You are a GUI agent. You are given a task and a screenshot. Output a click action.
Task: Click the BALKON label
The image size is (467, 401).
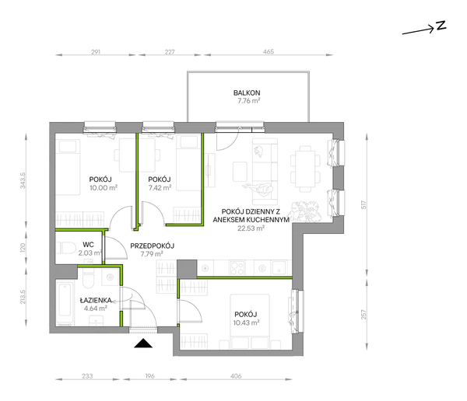click(x=247, y=92)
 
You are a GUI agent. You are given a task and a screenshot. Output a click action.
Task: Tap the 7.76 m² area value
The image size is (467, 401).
click(x=249, y=101)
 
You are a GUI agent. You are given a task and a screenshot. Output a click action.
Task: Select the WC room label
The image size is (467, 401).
click(x=88, y=245)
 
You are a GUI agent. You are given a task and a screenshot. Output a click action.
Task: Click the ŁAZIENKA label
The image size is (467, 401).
click(x=96, y=301)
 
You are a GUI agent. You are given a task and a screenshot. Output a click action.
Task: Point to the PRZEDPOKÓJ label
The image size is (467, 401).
click(x=153, y=246)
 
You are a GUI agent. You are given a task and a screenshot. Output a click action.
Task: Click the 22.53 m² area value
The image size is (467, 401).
click(x=251, y=228)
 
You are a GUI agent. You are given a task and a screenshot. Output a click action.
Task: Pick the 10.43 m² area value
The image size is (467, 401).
click(x=247, y=323)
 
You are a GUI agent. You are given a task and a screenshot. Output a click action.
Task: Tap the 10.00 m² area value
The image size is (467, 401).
click(x=103, y=188)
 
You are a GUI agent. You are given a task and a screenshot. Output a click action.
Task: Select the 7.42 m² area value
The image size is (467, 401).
click(x=160, y=188)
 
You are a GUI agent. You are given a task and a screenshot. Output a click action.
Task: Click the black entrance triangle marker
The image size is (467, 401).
click(x=143, y=343)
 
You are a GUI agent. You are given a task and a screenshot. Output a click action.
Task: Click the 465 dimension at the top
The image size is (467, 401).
click(x=269, y=52)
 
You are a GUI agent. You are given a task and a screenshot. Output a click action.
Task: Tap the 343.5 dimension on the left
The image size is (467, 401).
click(x=23, y=180)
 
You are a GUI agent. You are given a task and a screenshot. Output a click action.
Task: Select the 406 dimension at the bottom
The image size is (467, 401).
click(x=236, y=376)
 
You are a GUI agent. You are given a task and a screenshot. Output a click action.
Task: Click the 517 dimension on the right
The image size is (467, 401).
click(x=363, y=204)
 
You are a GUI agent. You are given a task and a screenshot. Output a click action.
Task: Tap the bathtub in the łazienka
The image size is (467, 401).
click(x=65, y=302)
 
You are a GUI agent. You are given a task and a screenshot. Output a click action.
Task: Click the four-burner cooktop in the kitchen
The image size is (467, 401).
click(x=237, y=267)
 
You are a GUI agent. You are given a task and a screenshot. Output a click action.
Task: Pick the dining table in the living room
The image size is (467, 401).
click(x=306, y=169)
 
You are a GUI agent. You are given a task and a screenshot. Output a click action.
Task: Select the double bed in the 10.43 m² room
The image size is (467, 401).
click(x=250, y=322)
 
